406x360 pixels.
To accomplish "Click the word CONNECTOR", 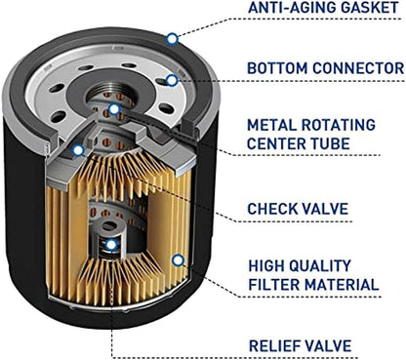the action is click(358, 68).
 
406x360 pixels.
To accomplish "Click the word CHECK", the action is click(271, 209).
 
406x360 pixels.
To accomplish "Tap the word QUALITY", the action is click(320, 265).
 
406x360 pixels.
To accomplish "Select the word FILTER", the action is click(273, 285).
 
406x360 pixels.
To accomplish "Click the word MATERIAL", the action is click(342, 285).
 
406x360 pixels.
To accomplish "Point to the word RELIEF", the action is click(273, 345).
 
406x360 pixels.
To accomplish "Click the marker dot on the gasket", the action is click(173, 39).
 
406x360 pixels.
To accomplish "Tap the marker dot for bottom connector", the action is click(172, 80).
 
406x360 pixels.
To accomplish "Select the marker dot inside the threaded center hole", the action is click(114, 109).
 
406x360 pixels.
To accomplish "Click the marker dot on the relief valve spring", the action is click(111, 245).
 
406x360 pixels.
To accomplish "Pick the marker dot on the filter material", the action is click(178, 260).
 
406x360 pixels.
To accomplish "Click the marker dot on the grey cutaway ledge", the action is click(78, 150).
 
